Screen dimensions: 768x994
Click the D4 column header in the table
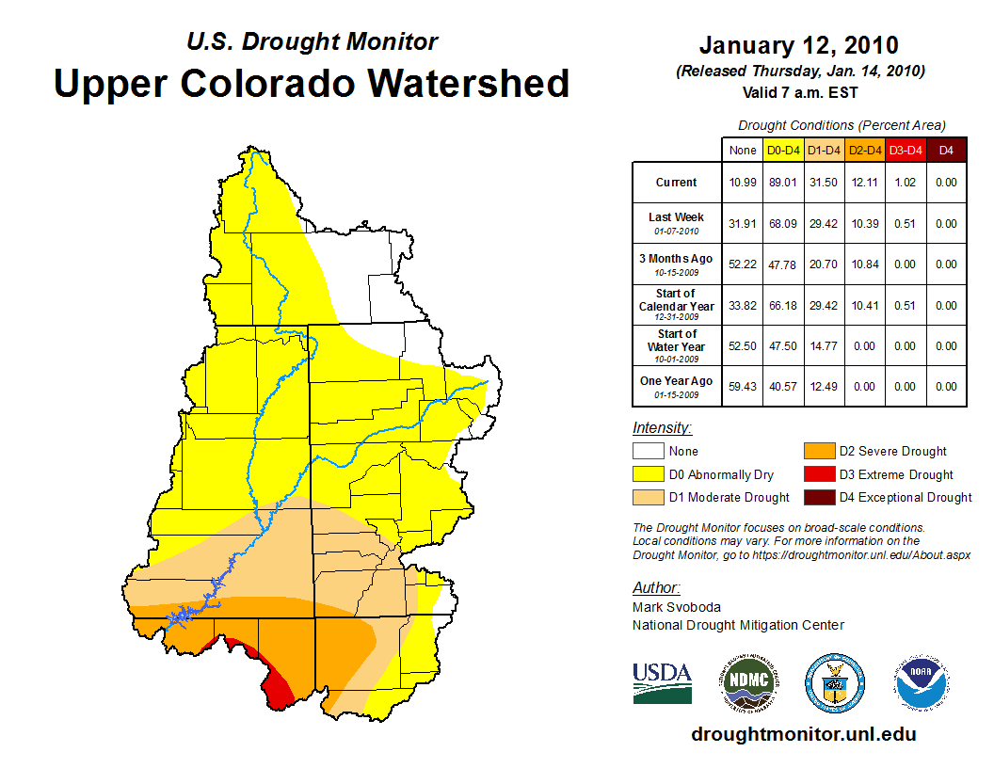[946, 150]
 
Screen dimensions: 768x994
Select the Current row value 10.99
[743, 183]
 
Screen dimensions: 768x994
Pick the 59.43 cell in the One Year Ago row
[743, 386]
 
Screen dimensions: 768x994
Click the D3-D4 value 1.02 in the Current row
[906, 183]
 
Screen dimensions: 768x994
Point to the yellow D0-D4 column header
[783, 150]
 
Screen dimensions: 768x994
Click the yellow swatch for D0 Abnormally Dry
[648, 474]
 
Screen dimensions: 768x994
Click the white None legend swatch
[648, 452]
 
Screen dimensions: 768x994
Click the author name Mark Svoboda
[677, 607]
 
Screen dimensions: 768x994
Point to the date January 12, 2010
[798, 45]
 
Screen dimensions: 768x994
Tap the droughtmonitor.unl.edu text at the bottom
[803, 734]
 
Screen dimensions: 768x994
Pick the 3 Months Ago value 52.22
[743, 264]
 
